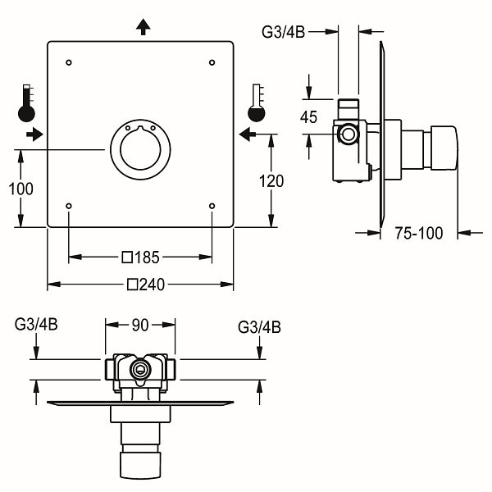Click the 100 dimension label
pyautogui.click(x=20, y=189)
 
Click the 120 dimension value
pyautogui.click(x=271, y=181)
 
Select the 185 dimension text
pyautogui.click(x=147, y=257)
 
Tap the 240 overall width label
pyautogui.click(x=152, y=285)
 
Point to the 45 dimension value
pyautogui.click(x=309, y=117)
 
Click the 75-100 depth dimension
pyautogui.click(x=419, y=233)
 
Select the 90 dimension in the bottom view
pyautogui.click(x=140, y=325)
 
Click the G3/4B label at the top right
pyautogui.click(x=284, y=32)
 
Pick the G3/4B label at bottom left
pyautogui.click(x=36, y=325)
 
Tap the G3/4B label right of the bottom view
pyautogui.click(x=259, y=327)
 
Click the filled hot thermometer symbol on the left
pyautogui.click(x=26, y=103)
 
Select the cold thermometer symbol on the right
pyautogui.click(x=257, y=103)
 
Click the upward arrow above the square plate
pyautogui.click(x=143, y=27)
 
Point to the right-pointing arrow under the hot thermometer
pyautogui.click(x=34, y=134)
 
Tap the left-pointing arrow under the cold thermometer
pyautogui.click(x=248, y=134)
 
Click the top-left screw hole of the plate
pyautogui.click(x=69, y=62)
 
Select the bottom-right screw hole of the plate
pyautogui.click(x=212, y=206)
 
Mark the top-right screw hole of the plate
pyautogui.click(x=212, y=62)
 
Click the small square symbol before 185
pyautogui.click(x=127, y=257)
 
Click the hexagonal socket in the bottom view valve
pyautogui.click(x=140, y=369)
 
